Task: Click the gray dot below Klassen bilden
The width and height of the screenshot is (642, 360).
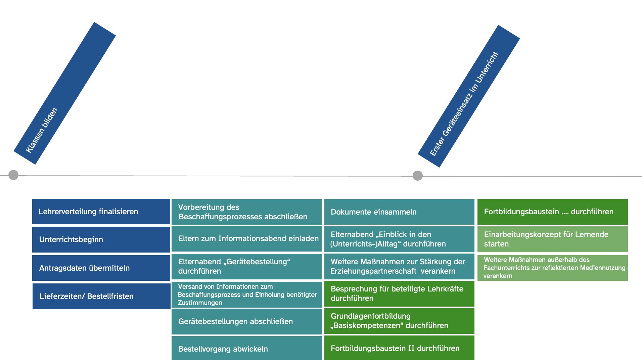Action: click(x=13, y=175)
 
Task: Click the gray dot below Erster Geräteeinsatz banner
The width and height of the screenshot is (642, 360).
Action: click(x=417, y=175)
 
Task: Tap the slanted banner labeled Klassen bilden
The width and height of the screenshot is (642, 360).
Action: click(x=65, y=93)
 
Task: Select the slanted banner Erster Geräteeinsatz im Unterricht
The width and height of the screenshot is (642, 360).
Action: click(x=469, y=96)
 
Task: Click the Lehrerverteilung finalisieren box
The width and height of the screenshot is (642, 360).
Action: click(x=101, y=212)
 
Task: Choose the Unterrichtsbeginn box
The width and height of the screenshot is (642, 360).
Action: click(x=101, y=239)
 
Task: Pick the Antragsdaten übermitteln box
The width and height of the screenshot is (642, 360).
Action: click(x=101, y=268)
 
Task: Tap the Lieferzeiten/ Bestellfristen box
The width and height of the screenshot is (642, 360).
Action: click(x=101, y=296)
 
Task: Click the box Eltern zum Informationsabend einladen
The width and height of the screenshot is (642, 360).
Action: click(x=246, y=238)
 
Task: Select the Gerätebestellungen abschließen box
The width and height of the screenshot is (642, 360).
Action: click(x=246, y=321)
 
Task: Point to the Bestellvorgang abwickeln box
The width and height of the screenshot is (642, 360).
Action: click(x=246, y=349)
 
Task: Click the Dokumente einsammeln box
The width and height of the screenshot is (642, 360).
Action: click(x=399, y=212)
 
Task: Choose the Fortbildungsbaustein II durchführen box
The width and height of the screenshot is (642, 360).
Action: click(x=399, y=348)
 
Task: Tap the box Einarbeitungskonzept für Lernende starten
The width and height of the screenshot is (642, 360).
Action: click(x=552, y=239)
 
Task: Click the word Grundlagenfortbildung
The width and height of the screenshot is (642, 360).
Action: click(x=371, y=316)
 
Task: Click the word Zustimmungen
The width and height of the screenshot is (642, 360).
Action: click(x=200, y=303)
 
